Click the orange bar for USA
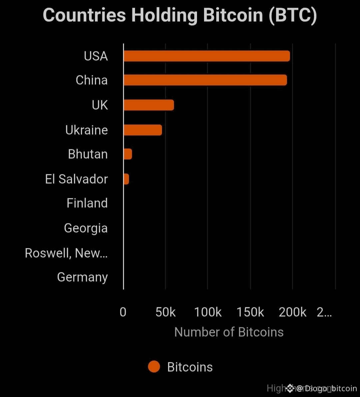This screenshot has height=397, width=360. pyautogui.click(x=207, y=56)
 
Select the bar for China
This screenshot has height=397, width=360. pyautogui.click(x=205, y=80)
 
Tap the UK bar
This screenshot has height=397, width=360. pyautogui.click(x=149, y=105)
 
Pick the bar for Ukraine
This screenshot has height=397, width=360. pyautogui.click(x=143, y=130)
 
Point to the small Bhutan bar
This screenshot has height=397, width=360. pyautogui.click(x=128, y=154)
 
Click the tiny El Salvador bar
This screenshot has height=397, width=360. pyautogui.click(x=126, y=179)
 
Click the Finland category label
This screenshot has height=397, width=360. pyautogui.click(x=87, y=203)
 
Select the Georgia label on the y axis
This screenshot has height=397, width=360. pyautogui.click(x=86, y=228)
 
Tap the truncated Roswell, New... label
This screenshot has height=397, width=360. pyautogui.click(x=66, y=253)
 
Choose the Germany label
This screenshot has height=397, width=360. pyautogui.click(x=82, y=277)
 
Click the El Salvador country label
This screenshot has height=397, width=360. pyautogui.click(x=76, y=179)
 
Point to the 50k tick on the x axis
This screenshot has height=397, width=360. pyautogui.click(x=165, y=312)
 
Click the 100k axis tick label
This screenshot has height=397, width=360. pyautogui.click(x=208, y=312)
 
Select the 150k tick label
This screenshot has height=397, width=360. pyautogui.click(x=250, y=312)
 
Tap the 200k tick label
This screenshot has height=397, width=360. pyautogui.click(x=292, y=312)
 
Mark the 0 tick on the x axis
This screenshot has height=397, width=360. pyautogui.click(x=123, y=312)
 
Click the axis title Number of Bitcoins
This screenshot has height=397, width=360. pyautogui.click(x=229, y=332)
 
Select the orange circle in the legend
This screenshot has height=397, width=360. pyautogui.click(x=154, y=367)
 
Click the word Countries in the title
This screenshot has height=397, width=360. pyautogui.click(x=84, y=15)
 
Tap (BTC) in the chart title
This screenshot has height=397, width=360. pyautogui.click(x=293, y=15)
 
